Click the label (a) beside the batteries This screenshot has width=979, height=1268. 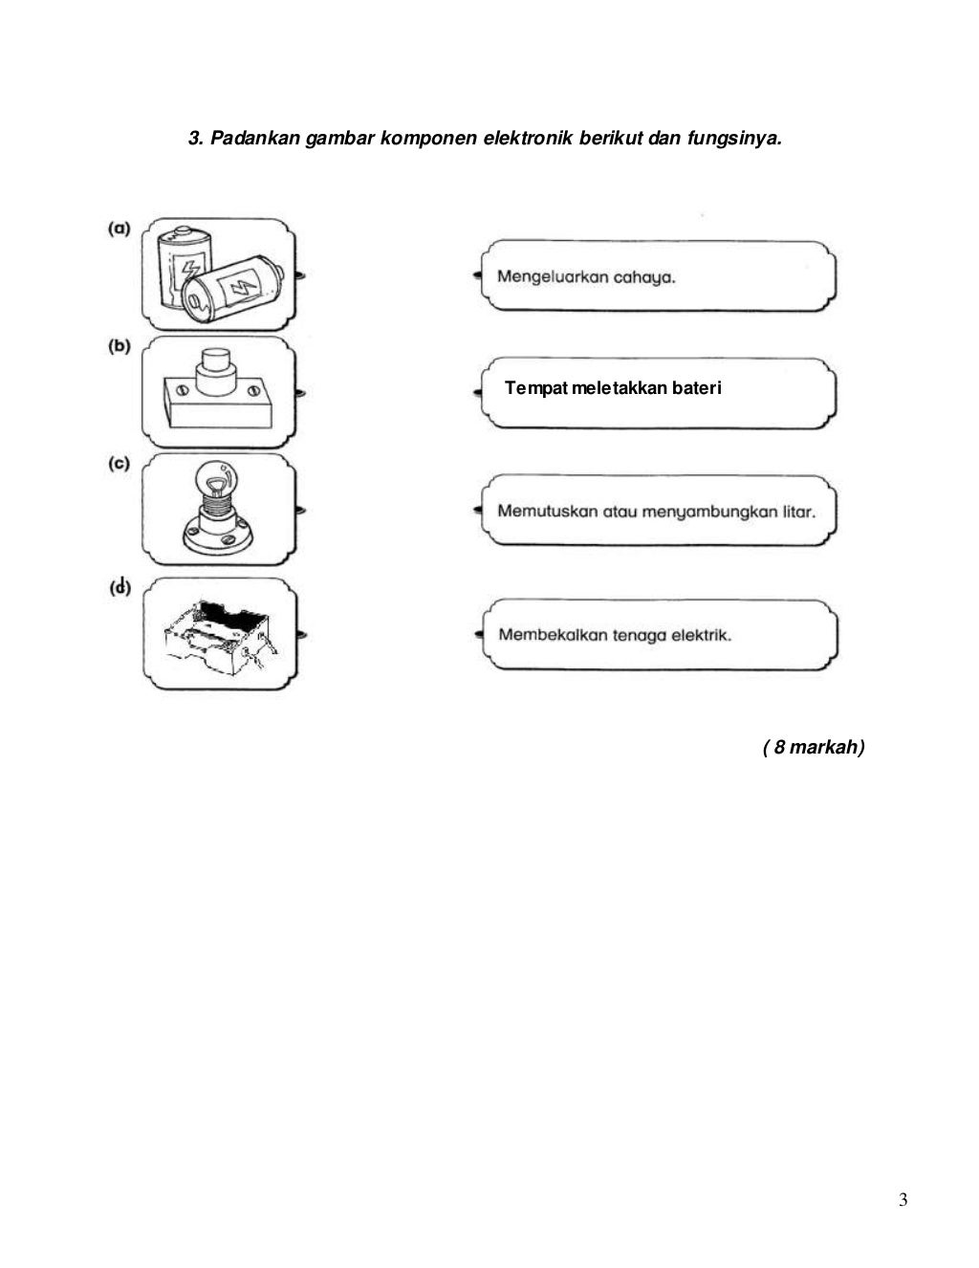[x=119, y=229]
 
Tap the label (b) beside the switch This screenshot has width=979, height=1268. [x=119, y=346]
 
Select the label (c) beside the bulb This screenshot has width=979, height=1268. [x=119, y=464]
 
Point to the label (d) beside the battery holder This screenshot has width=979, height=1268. [x=120, y=587]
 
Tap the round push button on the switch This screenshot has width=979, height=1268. [x=217, y=366]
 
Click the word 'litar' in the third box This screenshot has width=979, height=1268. [x=798, y=511]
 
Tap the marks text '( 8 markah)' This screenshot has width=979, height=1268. [x=814, y=747]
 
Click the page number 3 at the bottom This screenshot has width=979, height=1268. [x=903, y=1200]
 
